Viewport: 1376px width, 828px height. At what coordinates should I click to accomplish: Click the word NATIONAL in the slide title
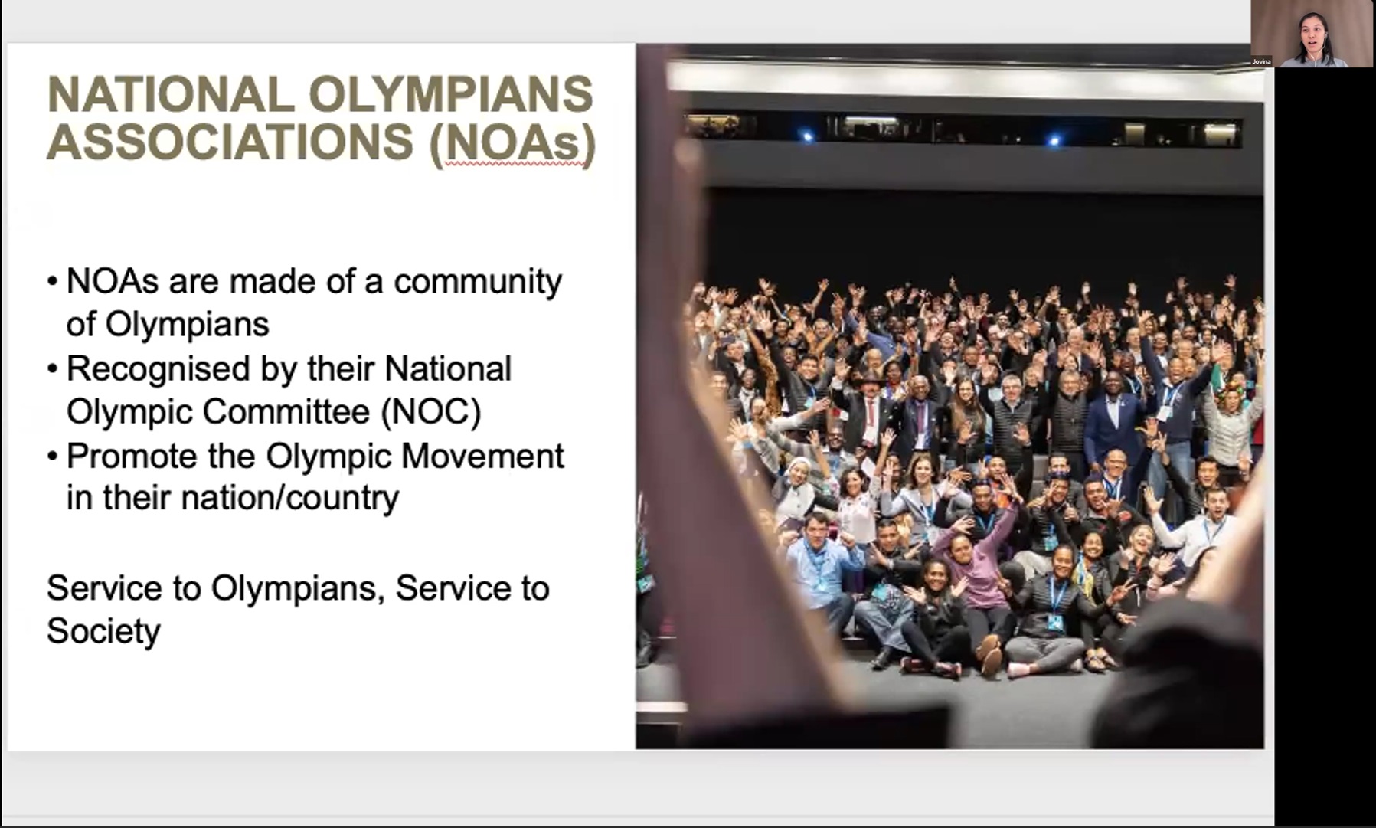point(170,94)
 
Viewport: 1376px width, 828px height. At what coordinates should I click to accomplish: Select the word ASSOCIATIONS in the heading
point(230,142)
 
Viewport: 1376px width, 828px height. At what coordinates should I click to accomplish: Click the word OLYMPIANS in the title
point(451,94)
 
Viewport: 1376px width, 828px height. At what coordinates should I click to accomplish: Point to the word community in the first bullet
point(478,282)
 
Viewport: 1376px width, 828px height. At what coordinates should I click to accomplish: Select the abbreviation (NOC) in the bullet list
point(431,412)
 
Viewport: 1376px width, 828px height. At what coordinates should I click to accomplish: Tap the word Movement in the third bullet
point(482,456)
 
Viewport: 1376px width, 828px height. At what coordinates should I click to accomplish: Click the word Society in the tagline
point(103,631)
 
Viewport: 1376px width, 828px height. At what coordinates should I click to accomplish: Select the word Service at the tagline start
point(104,588)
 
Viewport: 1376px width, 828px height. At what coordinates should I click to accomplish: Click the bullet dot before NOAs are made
point(52,281)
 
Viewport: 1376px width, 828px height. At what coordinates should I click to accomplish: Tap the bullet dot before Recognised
point(52,369)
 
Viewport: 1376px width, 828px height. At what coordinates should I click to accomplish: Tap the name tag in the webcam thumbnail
point(1261,61)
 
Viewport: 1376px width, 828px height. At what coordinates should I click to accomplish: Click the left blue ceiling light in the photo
point(806,136)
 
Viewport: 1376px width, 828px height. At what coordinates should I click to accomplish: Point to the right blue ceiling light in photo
point(1054,140)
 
